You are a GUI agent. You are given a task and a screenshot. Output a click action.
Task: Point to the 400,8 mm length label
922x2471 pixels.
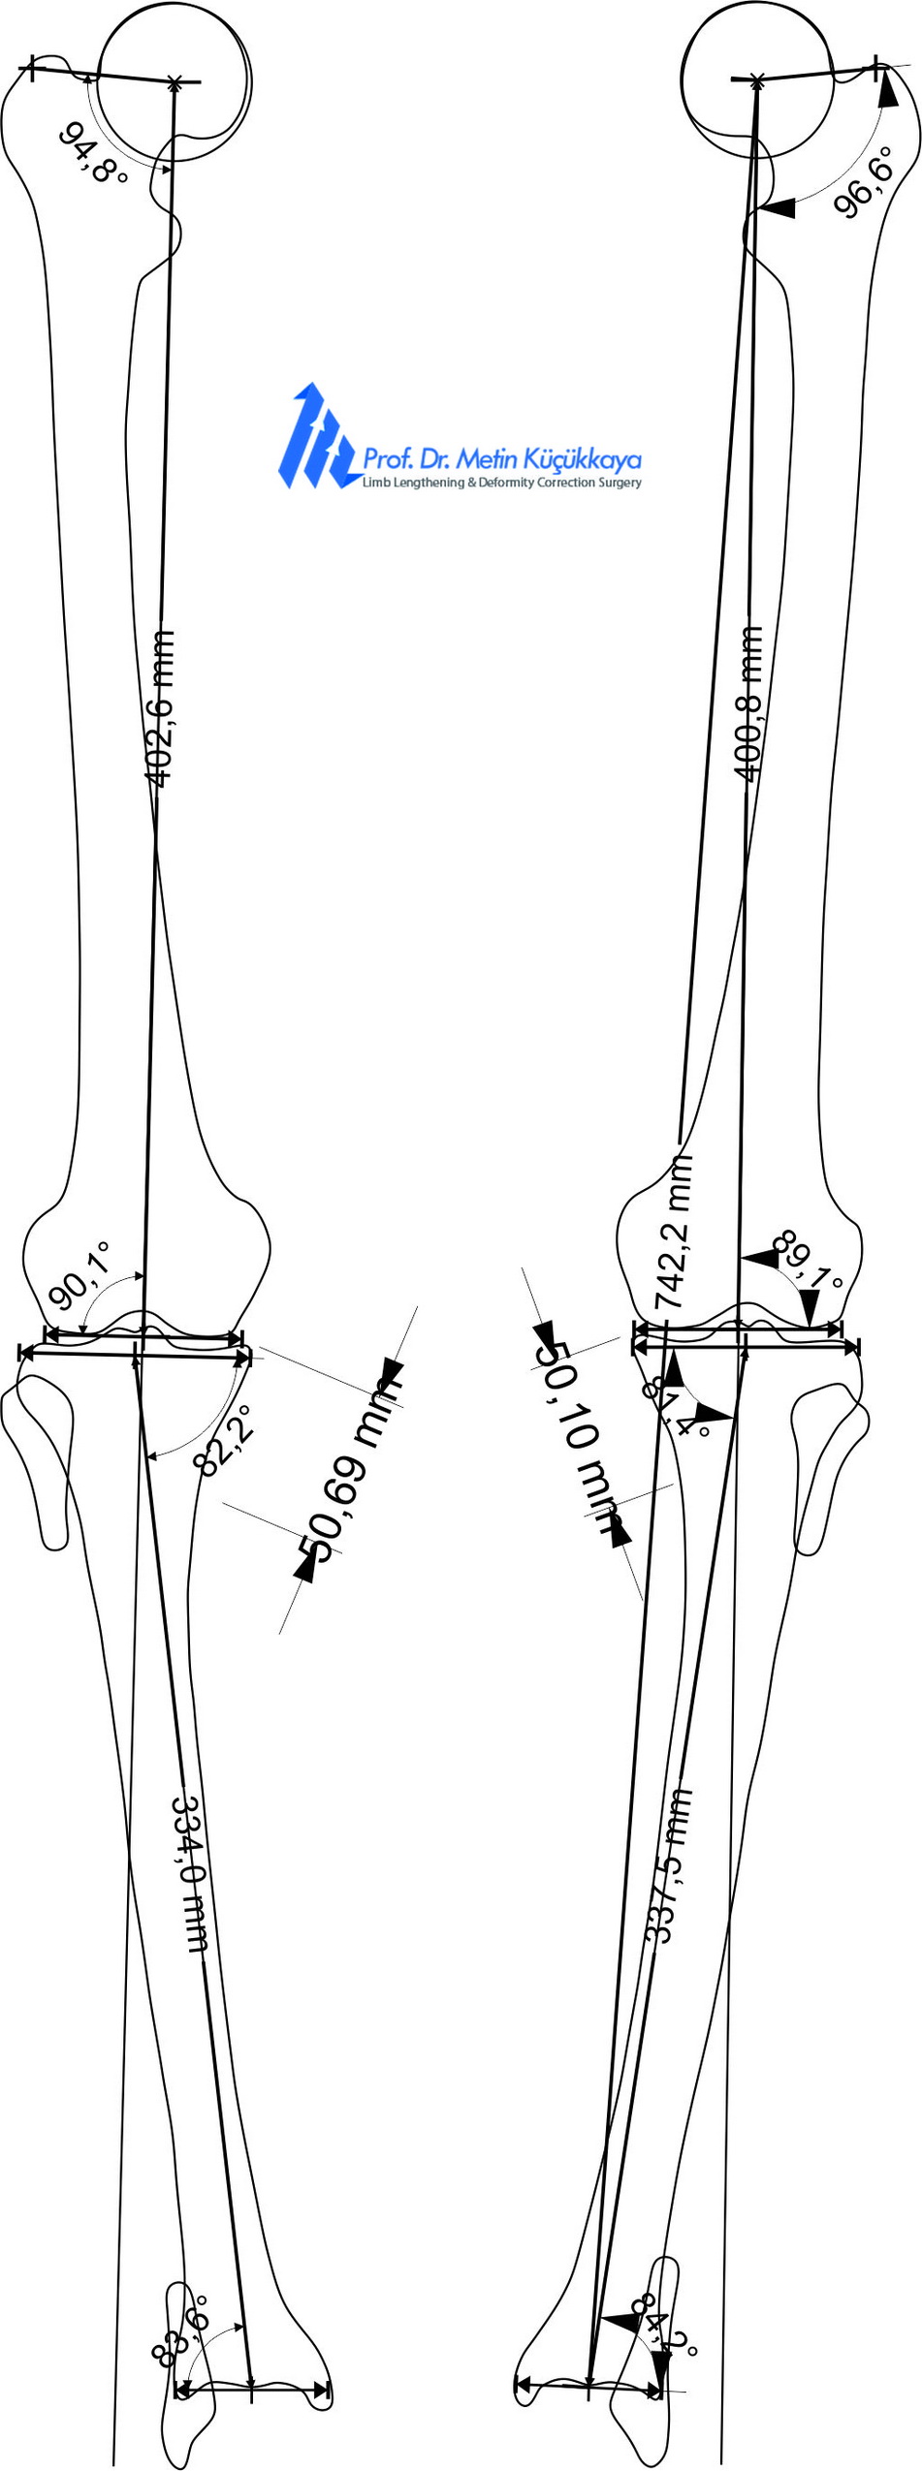point(748,703)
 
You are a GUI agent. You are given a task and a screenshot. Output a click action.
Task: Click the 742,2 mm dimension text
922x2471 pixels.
point(675,1231)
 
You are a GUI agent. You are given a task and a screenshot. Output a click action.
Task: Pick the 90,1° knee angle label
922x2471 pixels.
point(79,1274)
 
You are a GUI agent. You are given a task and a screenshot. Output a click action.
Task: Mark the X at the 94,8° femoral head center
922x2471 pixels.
point(175,81)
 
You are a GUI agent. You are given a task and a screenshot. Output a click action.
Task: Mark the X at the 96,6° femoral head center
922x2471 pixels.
point(759,79)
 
